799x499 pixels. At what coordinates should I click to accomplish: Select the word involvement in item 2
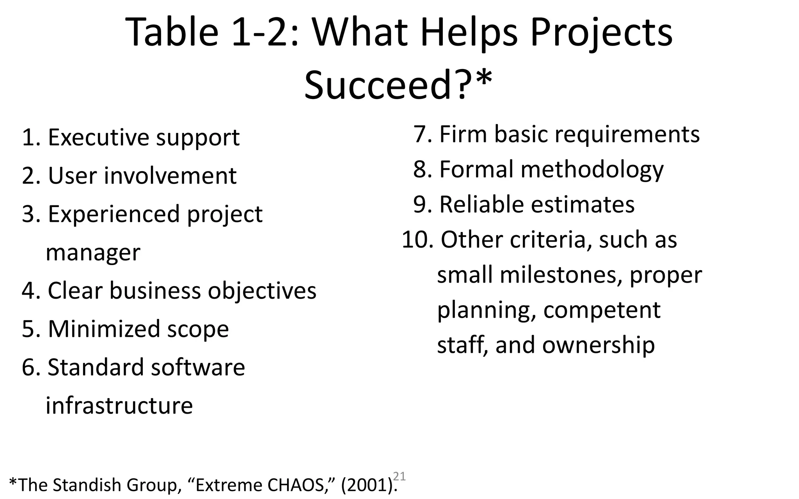[x=170, y=175]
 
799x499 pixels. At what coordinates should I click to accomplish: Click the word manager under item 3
[x=93, y=252]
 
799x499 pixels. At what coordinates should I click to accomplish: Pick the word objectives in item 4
[x=262, y=290]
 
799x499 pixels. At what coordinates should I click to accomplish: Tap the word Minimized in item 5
[x=104, y=329]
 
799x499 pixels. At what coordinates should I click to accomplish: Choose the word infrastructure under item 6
[x=119, y=405]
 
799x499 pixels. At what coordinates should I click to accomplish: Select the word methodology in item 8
[x=591, y=169]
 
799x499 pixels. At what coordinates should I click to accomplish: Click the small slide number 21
[x=399, y=476]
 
